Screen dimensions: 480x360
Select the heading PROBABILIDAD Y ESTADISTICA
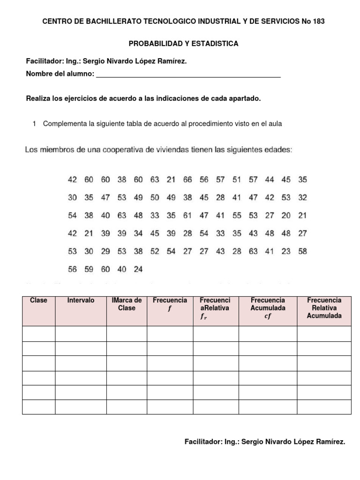[x=184, y=44]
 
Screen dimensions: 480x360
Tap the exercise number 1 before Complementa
[x=35, y=124]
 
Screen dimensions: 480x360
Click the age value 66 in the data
[x=187, y=180]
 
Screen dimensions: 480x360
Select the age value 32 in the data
[x=302, y=197]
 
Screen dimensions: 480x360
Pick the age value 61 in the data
[x=187, y=215]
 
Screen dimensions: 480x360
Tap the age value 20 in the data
[x=286, y=215]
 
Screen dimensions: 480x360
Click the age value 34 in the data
[x=138, y=233]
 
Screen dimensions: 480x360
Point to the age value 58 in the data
[x=302, y=251]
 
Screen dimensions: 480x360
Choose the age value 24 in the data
[x=138, y=269]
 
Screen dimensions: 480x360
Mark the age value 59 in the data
[x=89, y=269]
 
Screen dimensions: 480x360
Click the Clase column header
[x=38, y=300]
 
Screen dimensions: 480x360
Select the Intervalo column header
[x=81, y=300]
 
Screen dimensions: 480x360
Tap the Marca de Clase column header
[x=127, y=304]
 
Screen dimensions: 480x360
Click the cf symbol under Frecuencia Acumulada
[x=268, y=316]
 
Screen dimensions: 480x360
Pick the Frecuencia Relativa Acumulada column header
[x=324, y=308]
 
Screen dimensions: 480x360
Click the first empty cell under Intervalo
[x=81, y=334]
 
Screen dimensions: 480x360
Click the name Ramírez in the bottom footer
[x=329, y=442]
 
